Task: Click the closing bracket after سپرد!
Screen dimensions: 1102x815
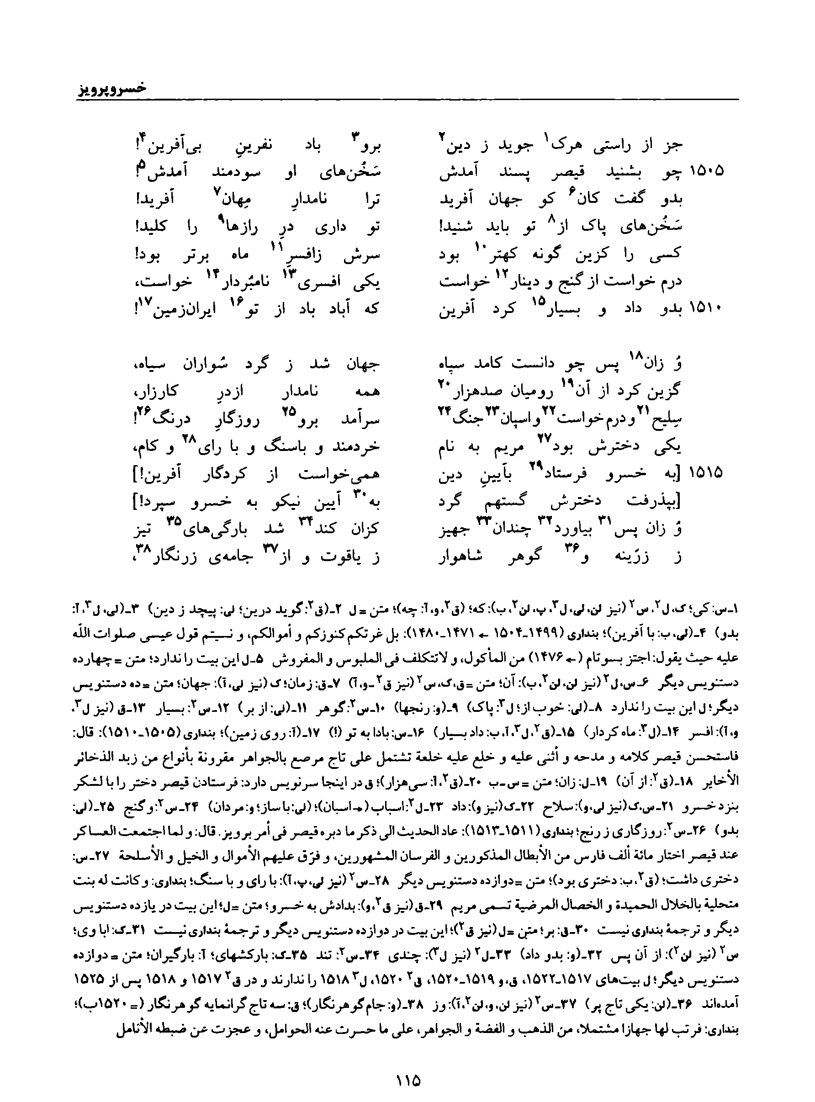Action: (136, 502)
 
